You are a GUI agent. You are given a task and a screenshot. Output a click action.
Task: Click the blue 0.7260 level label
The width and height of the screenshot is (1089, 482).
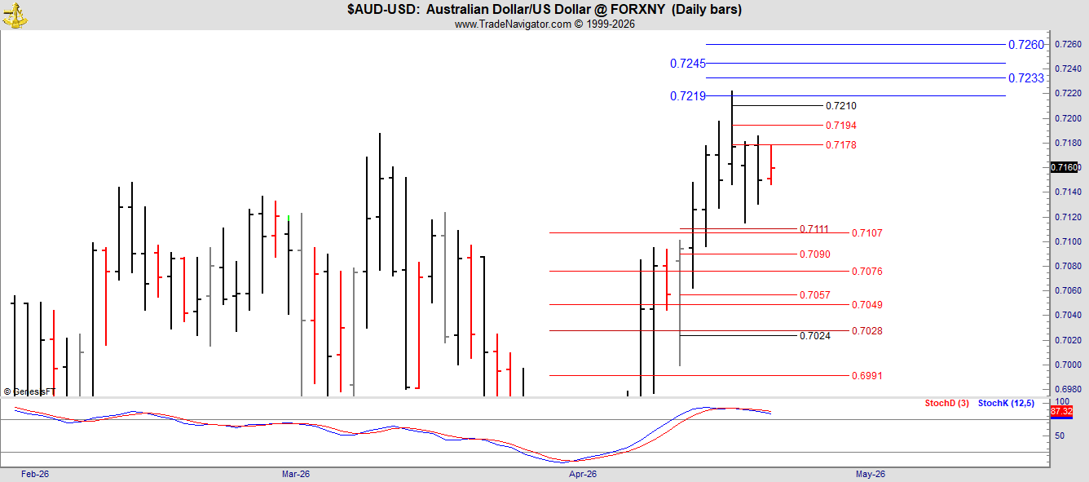(x=1025, y=45)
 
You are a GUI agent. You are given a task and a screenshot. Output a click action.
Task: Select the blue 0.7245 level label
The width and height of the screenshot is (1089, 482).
(x=687, y=64)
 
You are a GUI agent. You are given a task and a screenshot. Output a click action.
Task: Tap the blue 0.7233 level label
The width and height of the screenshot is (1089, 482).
(x=1025, y=78)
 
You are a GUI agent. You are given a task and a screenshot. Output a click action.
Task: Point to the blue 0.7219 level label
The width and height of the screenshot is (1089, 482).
(x=687, y=96)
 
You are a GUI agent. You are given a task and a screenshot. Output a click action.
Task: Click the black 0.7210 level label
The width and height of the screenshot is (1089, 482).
(x=841, y=106)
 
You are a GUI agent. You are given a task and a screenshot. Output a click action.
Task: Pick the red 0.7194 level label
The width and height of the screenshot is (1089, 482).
(x=841, y=126)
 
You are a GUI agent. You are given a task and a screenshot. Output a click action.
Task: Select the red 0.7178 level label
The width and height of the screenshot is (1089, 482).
(x=841, y=145)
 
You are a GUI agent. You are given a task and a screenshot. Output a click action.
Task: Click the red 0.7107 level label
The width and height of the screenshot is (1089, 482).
(x=866, y=233)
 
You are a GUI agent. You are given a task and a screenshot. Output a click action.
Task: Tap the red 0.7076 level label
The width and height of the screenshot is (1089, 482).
(x=866, y=272)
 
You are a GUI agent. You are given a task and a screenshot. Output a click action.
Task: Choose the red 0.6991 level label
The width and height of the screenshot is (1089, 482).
(x=866, y=375)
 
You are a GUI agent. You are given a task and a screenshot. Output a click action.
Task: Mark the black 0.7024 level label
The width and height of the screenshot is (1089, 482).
(x=815, y=335)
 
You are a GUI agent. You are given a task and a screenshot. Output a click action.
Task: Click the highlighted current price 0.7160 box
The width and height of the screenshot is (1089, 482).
(x=1065, y=167)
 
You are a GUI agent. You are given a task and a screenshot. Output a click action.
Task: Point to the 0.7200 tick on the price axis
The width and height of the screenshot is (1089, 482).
(x=1068, y=118)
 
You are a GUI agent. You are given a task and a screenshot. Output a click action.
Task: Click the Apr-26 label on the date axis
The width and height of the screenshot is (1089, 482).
(x=583, y=474)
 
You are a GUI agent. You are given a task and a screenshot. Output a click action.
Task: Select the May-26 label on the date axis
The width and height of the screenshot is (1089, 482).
(x=871, y=474)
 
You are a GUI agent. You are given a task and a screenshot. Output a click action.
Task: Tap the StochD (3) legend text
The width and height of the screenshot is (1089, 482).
(x=946, y=403)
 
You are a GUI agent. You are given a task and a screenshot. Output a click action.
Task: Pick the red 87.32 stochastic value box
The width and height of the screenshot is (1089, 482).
(x=1061, y=412)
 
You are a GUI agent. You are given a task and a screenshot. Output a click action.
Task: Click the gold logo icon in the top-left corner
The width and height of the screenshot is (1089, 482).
(x=15, y=15)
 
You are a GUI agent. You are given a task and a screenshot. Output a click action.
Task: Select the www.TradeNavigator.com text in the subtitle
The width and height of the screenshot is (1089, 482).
(x=513, y=24)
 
